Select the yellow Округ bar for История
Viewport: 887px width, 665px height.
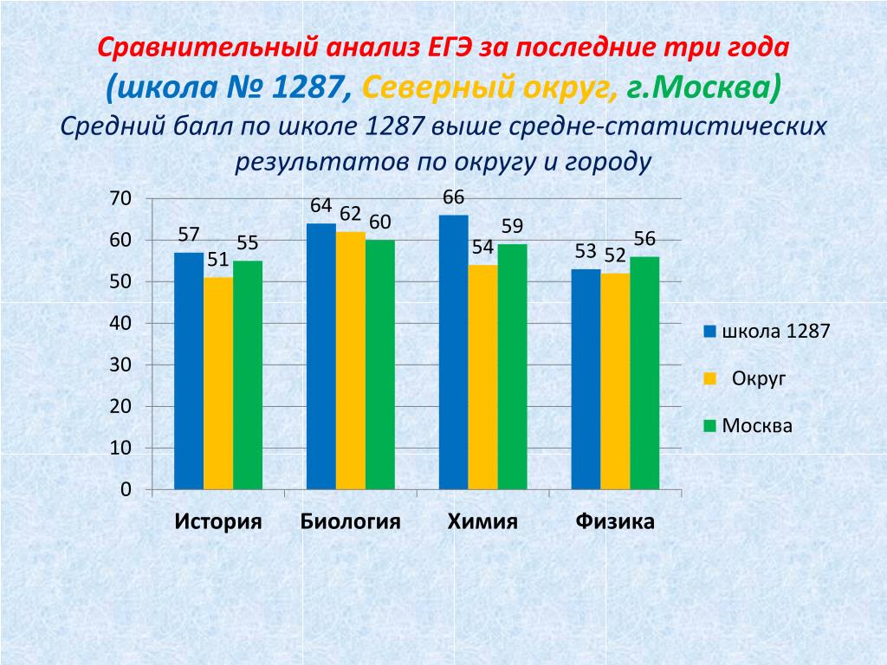(218, 383)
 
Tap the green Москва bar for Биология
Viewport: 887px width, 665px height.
(380, 365)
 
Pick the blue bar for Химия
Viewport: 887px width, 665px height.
(454, 352)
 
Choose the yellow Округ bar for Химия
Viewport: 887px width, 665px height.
(483, 377)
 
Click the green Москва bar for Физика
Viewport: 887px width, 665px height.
(644, 373)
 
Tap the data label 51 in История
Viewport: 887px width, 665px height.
(217, 260)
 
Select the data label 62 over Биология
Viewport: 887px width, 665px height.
(351, 213)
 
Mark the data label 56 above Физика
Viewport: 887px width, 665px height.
(644, 239)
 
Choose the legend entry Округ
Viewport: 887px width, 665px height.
(759, 378)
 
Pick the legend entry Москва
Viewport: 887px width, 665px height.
(757, 426)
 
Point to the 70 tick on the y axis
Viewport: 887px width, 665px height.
(120, 199)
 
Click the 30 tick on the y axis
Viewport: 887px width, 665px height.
(120, 365)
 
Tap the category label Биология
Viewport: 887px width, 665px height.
(351, 521)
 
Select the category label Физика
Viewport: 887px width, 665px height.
(615, 521)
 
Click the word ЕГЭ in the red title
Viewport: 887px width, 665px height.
(450, 47)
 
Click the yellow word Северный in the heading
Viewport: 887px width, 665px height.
(424, 87)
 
